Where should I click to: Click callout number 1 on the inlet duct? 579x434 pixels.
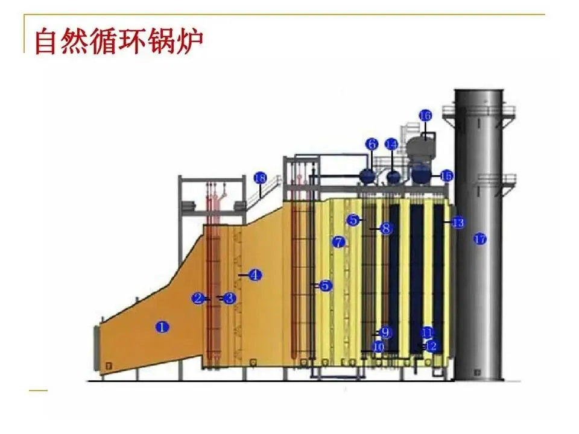[162, 327]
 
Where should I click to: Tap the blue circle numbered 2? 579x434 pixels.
[198, 298]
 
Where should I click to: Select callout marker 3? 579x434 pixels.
[229, 298]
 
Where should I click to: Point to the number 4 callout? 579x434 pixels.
[255, 275]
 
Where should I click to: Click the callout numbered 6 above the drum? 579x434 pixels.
[372, 144]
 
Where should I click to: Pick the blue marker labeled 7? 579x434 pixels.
[338, 242]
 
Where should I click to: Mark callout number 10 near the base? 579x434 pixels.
[379, 347]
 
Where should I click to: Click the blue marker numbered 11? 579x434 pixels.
[427, 332]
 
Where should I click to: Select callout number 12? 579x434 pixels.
[431, 347]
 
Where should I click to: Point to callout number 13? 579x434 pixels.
[458, 222]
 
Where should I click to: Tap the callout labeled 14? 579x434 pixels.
[392, 144]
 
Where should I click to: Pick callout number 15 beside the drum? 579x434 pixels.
[446, 175]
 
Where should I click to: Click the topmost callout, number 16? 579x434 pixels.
[425, 115]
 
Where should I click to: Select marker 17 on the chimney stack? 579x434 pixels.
[480, 239]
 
